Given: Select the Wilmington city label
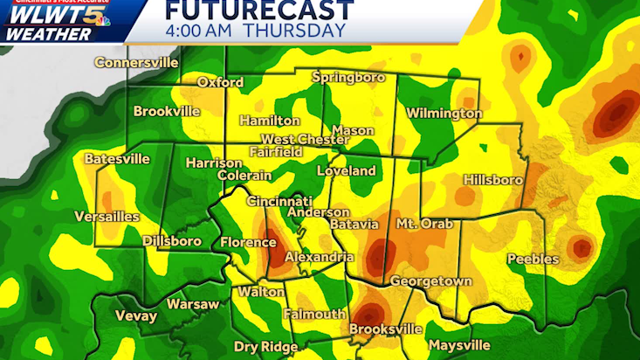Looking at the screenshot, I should [444, 114].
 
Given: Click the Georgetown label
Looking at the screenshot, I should [430, 281].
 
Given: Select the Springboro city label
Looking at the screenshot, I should [348, 78].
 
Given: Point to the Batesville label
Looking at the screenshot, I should [117, 159].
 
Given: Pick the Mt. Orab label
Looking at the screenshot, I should [425, 224].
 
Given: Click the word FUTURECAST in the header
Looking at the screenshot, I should [259, 10].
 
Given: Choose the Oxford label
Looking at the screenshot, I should [218, 82].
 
